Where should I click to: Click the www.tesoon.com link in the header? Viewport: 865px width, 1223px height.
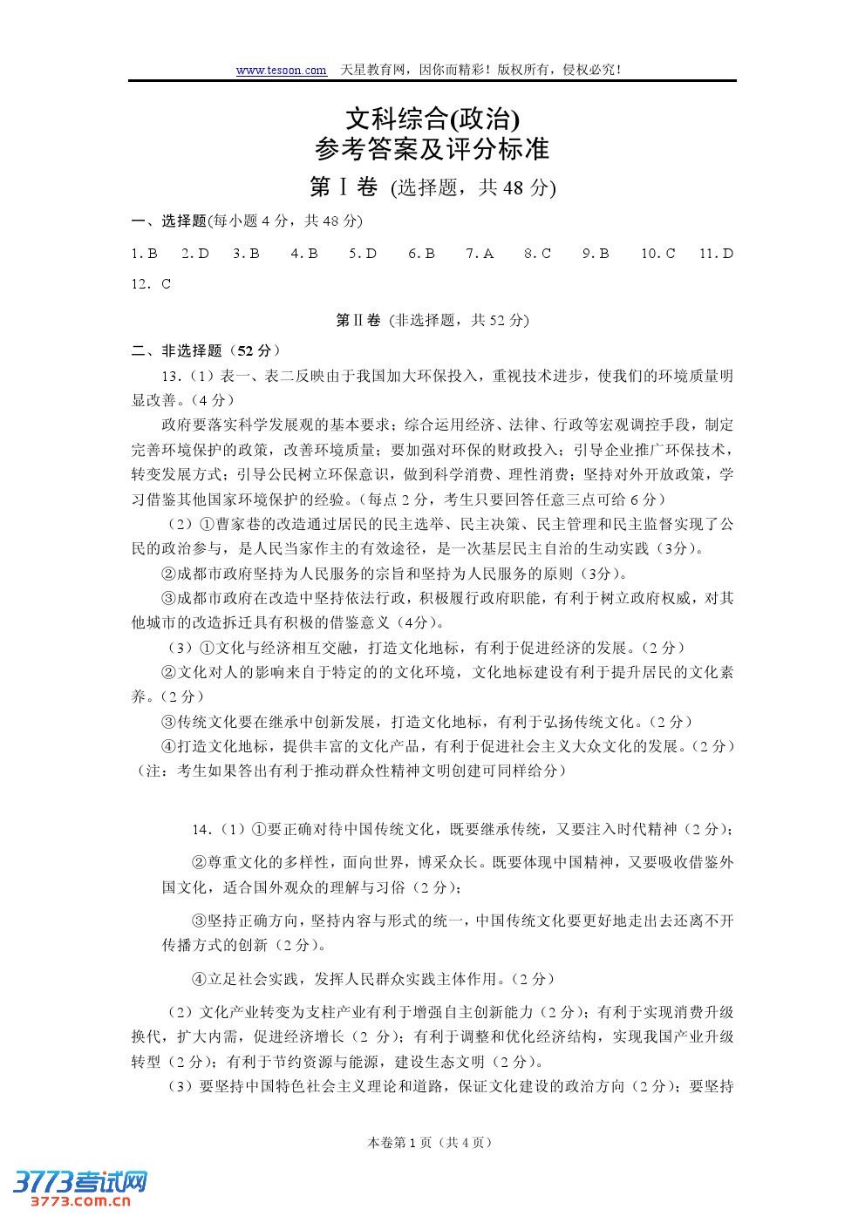[x=281, y=71]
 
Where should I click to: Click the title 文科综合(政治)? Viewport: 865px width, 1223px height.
[x=432, y=118]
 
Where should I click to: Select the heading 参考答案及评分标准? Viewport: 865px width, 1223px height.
[x=432, y=149]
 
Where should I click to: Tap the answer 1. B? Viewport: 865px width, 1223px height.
[x=144, y=254]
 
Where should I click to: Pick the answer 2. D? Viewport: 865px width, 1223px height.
[x=195, y=254]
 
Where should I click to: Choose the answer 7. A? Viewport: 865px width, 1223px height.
[x=480, y=254]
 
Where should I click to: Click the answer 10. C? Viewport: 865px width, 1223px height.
[x=657, y=254]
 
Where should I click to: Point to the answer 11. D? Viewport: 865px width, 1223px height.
[x=716, y=254]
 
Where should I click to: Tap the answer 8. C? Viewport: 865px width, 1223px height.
[x=537, y=254]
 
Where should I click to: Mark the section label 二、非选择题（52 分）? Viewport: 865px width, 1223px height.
[x=206, y=350]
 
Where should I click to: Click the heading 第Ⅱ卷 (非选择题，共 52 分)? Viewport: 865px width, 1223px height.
[x=432, y=320]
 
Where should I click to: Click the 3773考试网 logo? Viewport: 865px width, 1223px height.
[x=80, y=1182]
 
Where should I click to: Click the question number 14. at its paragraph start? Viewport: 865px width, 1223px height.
[x=202, y=829]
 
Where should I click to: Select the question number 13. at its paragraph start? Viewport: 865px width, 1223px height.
[x=171, y=376]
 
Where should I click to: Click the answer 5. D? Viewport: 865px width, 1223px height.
[x=363, y=254]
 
